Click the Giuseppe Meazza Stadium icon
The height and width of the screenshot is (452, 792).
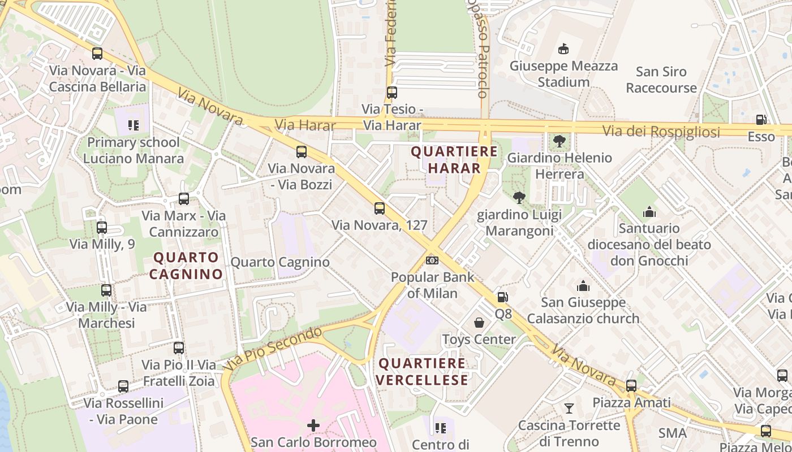[563, 49]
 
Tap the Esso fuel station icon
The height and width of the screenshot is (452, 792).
[761, 120]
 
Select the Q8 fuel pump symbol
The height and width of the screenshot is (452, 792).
[502, 297]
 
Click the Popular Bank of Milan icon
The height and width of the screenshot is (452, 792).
[432, 260]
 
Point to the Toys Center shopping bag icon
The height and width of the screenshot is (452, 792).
[479, 323]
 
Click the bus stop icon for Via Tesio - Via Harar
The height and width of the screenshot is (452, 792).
[392, 92]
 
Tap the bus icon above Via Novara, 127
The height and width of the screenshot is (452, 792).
[380, 208]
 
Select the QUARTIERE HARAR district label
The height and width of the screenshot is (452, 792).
[454, 160]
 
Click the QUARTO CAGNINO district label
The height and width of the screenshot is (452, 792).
[186, 266]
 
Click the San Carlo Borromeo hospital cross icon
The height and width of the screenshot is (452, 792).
[313, 425]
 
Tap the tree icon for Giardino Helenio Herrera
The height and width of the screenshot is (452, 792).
[559, 141]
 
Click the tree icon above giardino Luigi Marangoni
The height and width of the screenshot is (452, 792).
[519, 197]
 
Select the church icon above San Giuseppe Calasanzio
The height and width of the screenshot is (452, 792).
[583, 286]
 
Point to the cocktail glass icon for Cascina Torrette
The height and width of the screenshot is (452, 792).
[569, 408]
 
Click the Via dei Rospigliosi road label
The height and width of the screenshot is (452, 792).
[661, 132]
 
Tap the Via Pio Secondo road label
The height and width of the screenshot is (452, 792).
[273, 348]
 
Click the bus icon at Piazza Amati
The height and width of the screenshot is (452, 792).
[631, 386]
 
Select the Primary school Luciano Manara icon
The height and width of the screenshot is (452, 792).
[134, 125]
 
